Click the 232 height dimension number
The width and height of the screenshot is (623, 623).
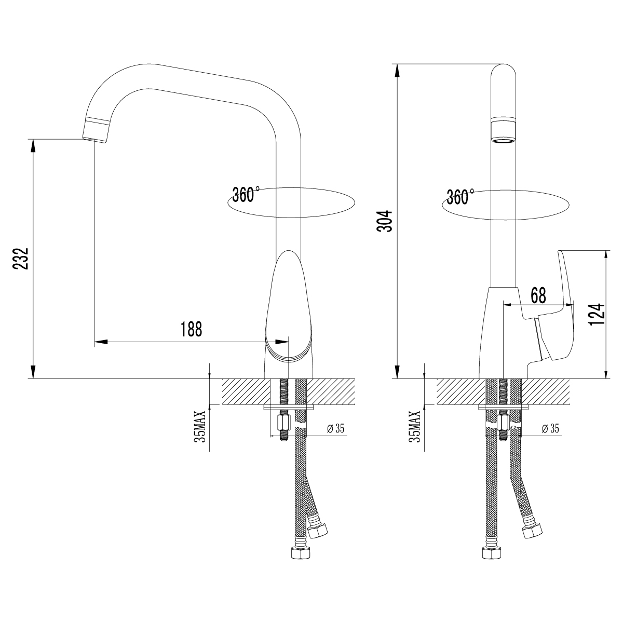21,259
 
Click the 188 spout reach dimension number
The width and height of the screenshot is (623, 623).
191,329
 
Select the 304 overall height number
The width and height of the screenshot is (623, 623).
385,221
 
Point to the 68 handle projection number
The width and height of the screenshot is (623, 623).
538,295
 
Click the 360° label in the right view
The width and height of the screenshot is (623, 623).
461,197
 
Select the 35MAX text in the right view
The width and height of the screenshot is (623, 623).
415,426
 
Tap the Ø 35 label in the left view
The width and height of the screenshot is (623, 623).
335,429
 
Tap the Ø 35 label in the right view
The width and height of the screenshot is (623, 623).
550,429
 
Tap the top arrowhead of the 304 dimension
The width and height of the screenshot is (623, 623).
397,71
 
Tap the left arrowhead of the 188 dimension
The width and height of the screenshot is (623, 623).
101,342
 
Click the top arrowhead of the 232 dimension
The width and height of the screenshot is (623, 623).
33,145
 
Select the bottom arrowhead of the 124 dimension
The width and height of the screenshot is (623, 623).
607,372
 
